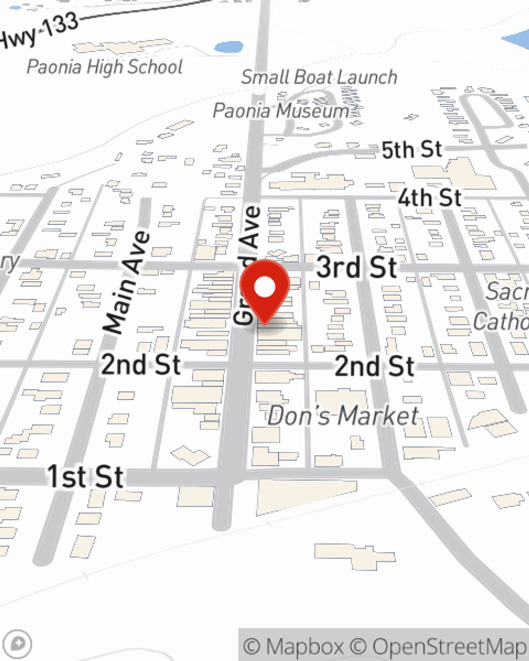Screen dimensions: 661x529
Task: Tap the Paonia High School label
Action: click(105, 67)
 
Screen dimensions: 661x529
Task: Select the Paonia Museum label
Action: click(281, 111)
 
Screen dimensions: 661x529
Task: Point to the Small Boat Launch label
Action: click(319, 77)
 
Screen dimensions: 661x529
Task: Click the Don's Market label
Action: click(343, 416)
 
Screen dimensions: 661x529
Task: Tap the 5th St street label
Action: click(412, 150)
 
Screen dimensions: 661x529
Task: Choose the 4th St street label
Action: click(430, 198)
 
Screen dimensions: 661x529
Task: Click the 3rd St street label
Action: click(357, 268)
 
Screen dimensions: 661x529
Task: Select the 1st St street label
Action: click(86, 476)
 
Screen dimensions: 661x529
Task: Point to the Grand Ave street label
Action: click(248, 264)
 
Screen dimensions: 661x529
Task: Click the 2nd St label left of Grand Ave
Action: click(141, 365)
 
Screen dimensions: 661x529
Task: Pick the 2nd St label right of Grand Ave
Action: click(375, 366)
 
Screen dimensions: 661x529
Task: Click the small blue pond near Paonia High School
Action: click(229, 47)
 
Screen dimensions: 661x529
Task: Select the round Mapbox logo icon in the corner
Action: click(18, 644)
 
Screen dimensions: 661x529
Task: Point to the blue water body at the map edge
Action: click(517, 40)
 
